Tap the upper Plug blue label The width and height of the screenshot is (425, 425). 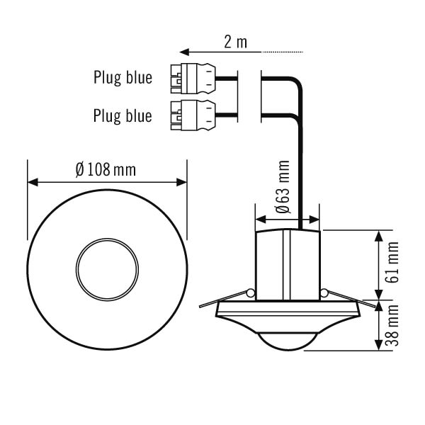click(123, 77)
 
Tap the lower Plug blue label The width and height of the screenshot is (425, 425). click(123, 115)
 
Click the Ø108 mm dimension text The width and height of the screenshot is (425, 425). click(106, 170)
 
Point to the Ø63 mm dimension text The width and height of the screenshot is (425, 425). click(283, 188)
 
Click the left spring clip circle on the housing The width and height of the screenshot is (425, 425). click(250, 293)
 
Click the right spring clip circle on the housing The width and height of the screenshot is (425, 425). click(324, 293)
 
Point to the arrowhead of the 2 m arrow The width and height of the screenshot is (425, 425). click(183, 52)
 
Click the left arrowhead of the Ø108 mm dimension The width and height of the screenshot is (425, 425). click(31, 182)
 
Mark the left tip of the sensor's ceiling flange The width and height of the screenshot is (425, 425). click(200, 307)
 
